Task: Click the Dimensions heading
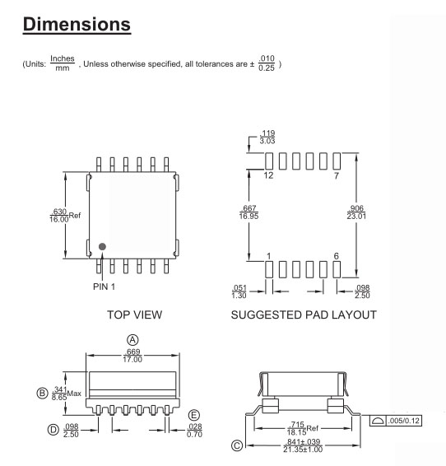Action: click(x=77, y=24)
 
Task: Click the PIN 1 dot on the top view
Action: click(x=102, y=246)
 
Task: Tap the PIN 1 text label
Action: click(x=104, y=287)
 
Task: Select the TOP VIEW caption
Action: click(x=134, y=315)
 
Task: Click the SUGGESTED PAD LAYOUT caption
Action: click(x=304, y=315)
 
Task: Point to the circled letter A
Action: click(x=132, y=340)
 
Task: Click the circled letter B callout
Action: click(x=42, y=393)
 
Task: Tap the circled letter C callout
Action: click(x=237, y=445)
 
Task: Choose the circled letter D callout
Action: click(x=53, y=430)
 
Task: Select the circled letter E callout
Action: click(x=194, y=415)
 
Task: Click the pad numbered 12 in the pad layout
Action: click(x=269, y=161)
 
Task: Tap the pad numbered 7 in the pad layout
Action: click(x=337, y=161)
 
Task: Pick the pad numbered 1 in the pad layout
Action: click(x=269, y=269)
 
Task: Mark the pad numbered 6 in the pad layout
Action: click(x=337, y=269)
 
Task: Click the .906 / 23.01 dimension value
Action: click(x=356, y=212)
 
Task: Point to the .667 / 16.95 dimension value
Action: click(x=249, y=212)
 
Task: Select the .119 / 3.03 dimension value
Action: click(x=267, y=137)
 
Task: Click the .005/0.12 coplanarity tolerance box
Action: click(x=396, y=421)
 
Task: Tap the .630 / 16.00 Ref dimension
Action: click(x=65, y=216)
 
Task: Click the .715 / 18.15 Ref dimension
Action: click(x=303, y=428)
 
